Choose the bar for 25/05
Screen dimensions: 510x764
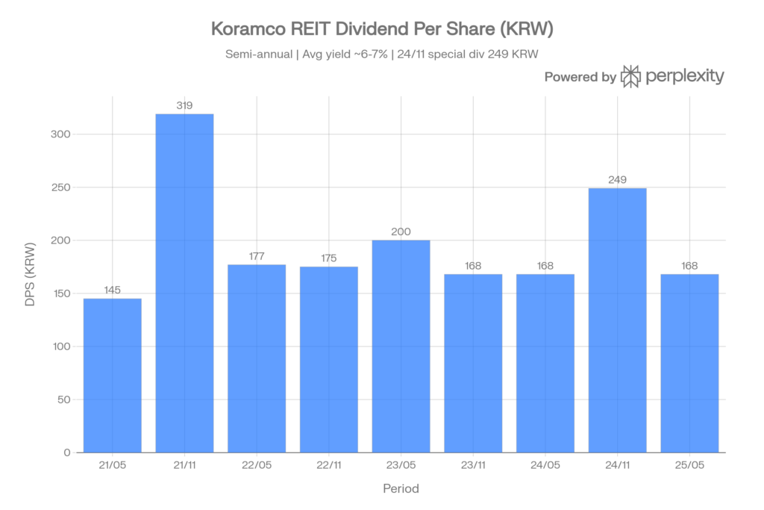(x=690, y=362)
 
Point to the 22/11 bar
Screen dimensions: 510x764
(x=329, y=358)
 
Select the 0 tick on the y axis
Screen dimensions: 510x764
(x=67, y=453)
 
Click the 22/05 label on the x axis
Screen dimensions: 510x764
(x=257, y=464)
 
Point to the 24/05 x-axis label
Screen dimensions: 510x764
(x=545, y=464)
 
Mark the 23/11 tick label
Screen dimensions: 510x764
(x=473, y=464)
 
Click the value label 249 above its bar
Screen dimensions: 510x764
(x=618, y=180)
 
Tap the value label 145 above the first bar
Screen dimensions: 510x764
(x=112, y=290)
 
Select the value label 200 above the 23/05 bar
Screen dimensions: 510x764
(x=401, y=232)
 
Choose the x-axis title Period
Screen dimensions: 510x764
(x=401, y=490)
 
